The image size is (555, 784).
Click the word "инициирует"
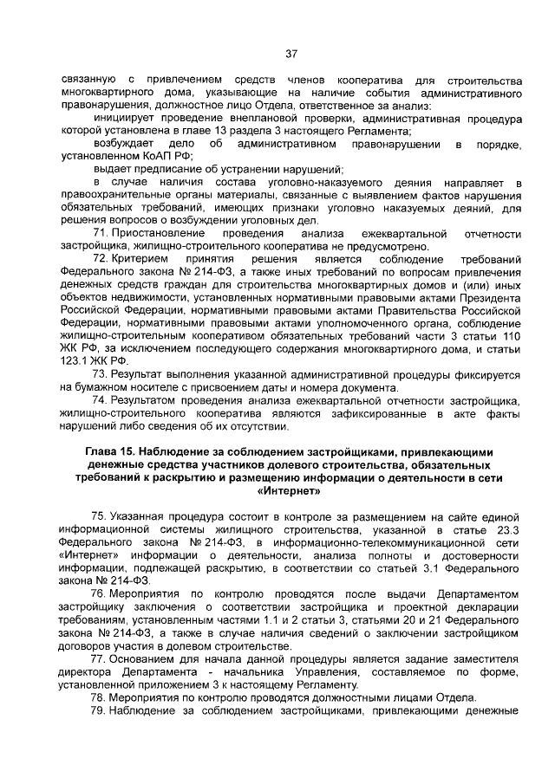(x=126, y=117)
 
